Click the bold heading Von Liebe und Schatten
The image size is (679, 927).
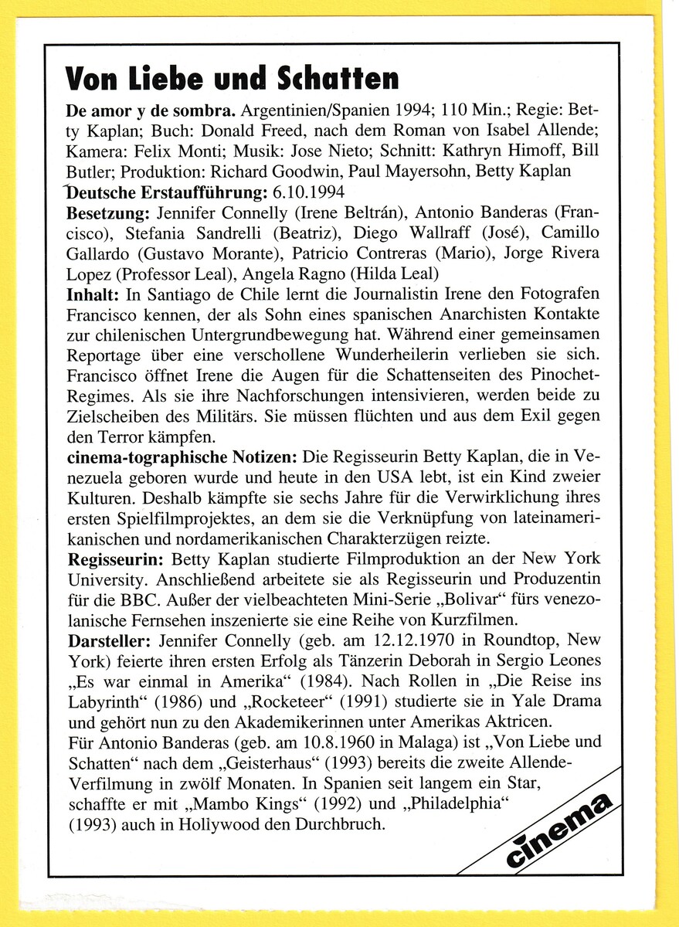[233, 77]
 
